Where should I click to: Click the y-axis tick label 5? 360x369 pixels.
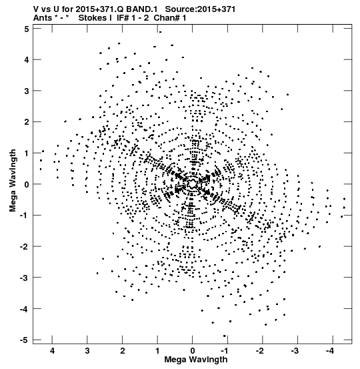27,29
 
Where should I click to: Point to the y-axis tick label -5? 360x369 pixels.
25,340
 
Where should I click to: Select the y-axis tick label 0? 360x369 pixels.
27,184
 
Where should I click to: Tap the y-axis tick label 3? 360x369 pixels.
27,91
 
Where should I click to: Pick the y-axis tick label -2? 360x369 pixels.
25,247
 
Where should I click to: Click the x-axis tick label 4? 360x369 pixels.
52,351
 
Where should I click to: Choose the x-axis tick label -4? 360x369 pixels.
330,351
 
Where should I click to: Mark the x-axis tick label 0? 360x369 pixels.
193,351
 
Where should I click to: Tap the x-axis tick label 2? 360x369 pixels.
122,351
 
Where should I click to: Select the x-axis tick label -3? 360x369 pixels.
295,351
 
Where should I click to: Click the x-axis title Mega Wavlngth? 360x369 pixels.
196,360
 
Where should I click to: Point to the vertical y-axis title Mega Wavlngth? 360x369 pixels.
13,181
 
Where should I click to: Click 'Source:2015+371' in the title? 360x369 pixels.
200,9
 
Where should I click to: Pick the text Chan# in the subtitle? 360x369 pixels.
166,18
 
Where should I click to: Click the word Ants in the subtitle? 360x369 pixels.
43,18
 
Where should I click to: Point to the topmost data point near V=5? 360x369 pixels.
160,32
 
